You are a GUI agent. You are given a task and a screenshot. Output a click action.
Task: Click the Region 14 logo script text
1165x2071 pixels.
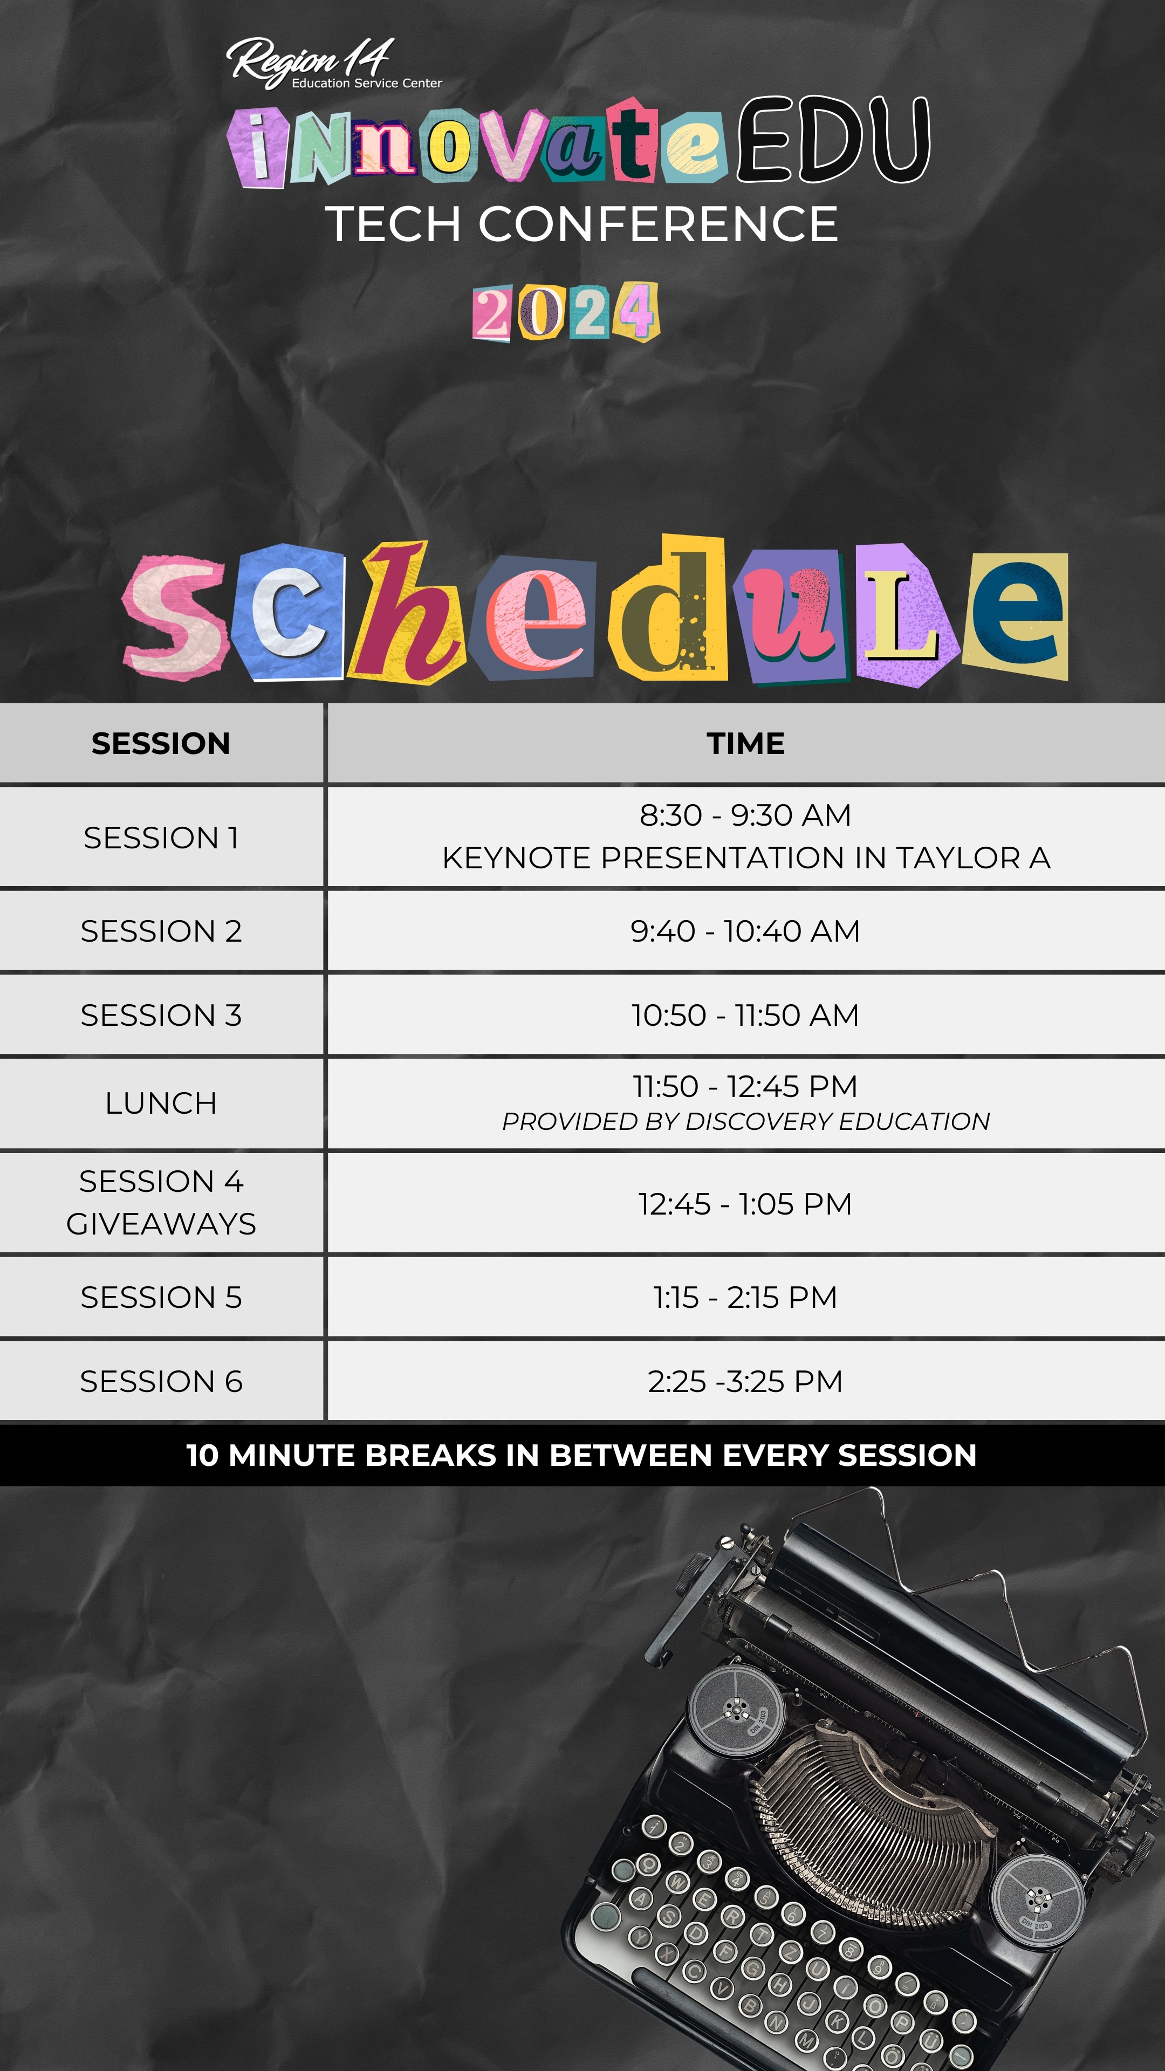[x=310, y=60]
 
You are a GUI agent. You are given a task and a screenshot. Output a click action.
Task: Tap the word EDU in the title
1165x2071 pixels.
[x=834, y=139]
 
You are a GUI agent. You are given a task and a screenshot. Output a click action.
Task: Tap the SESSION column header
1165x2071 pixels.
[x=161, y=744]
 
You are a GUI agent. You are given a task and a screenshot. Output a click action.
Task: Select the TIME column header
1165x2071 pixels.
[x=746, y=744]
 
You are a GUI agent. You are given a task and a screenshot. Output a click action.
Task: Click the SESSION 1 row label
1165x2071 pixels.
[x=161, y=838]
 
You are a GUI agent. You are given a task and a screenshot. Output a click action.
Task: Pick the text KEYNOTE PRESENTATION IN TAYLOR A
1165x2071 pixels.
[x=746, y=858]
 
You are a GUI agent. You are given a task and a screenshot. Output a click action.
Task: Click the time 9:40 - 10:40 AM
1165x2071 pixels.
[x=745, y=931]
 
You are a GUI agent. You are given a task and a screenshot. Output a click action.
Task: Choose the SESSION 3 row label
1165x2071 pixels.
[x=161, y=1016]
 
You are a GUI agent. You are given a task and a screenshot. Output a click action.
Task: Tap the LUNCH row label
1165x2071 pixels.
[x=161, y=1103]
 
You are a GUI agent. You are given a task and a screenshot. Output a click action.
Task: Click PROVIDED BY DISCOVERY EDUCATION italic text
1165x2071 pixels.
[x=746, y=1122]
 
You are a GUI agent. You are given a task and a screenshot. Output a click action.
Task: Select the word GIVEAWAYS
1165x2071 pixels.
[x=161, y=1224]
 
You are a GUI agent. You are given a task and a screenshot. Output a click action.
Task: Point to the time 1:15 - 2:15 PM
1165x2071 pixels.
[x=745, y=1298]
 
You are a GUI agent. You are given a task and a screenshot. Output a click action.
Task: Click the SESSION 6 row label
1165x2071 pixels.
[x=161, y=1381]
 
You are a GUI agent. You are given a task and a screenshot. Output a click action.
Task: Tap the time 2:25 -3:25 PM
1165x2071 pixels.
[x=745, y=1381]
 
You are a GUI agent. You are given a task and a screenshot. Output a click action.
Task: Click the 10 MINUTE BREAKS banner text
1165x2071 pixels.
[x=581, y=1455]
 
